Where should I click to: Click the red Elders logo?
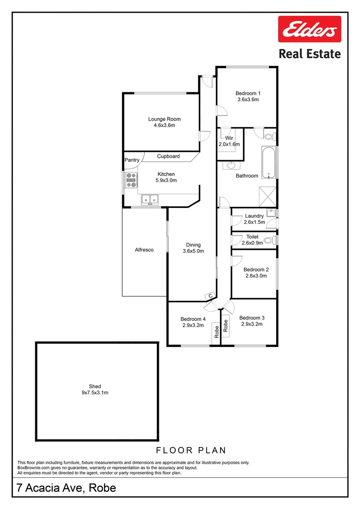click(309, 31)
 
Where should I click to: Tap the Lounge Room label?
click(164, 119)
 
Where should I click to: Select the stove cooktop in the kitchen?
click(131, 180)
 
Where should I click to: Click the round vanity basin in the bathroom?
click(232, 166)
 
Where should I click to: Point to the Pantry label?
click(132, 160)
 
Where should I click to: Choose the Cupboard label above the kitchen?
click(168, 156)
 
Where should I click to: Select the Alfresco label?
click(144, 250)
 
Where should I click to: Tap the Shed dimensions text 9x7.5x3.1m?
click(95, 392)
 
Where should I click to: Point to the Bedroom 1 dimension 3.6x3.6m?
click(247, 99)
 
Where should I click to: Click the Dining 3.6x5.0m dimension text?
click(193, 251)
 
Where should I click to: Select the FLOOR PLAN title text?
click(191, 451)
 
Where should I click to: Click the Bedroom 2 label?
click(256, 270)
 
